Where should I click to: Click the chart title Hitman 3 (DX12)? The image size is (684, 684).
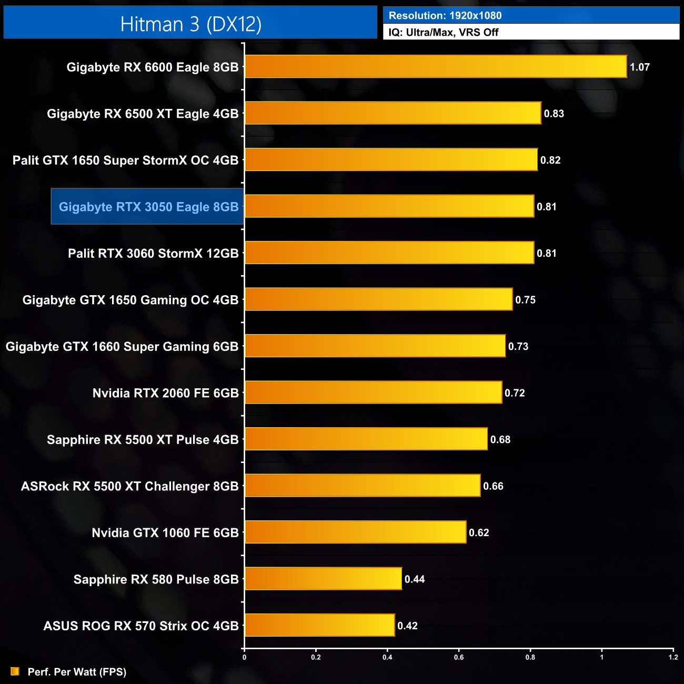190,24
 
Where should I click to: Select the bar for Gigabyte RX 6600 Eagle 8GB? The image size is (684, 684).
436,67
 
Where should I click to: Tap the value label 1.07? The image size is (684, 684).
639,67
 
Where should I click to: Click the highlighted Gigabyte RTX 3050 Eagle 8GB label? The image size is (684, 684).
148,207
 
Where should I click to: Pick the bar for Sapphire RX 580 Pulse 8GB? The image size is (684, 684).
323,579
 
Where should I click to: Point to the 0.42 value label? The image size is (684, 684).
407,626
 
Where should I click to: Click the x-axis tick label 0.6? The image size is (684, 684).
459,657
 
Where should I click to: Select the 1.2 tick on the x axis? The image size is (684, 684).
673,657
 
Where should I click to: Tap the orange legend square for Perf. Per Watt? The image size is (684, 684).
15,671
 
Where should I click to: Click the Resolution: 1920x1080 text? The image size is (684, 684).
445,16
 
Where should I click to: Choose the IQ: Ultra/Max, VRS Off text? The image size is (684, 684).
444,33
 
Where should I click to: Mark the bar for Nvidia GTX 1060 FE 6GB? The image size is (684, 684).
355,532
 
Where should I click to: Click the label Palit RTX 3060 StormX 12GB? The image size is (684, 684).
153,254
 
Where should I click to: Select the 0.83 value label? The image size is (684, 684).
554,114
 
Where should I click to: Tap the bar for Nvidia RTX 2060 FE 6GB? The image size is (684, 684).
373,393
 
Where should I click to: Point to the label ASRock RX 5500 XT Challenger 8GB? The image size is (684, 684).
129,486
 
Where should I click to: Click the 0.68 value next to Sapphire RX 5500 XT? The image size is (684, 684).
500,439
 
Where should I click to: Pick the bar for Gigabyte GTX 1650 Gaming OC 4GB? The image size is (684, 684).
378,299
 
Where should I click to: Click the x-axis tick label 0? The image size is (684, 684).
244,657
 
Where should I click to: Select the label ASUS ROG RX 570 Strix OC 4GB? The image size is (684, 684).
141,626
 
